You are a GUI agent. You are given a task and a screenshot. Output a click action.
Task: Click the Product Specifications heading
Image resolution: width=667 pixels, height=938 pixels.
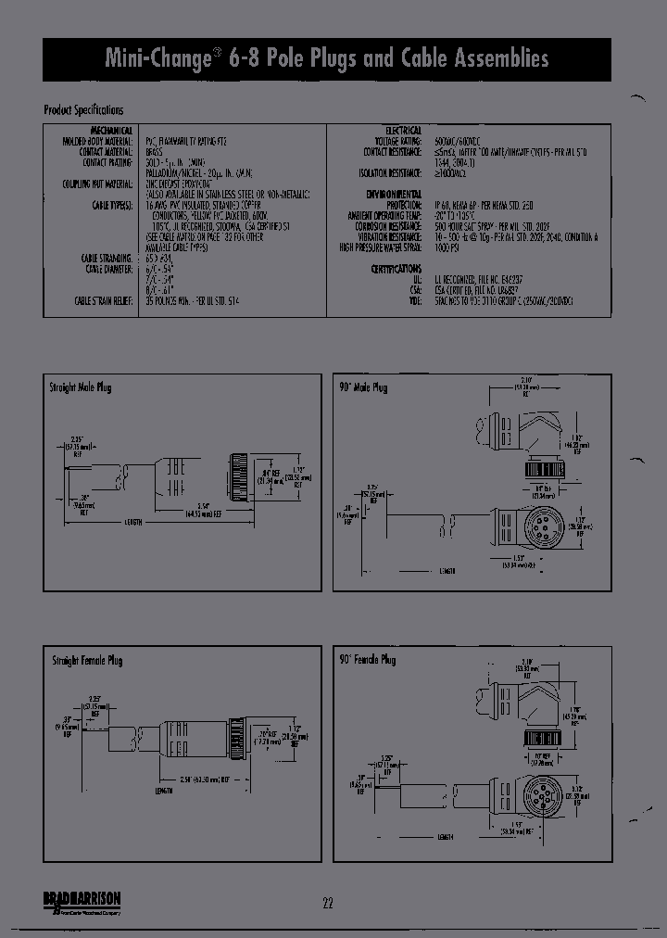[x=84, y=110]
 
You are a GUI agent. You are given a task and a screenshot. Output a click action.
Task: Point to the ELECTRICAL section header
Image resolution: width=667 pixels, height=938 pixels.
[x=402, y=130]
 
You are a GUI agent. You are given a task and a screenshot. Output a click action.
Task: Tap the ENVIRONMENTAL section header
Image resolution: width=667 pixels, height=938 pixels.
[x=394, y=194]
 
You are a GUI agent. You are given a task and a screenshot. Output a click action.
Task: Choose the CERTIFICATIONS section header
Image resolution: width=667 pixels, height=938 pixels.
[x=396, y=267]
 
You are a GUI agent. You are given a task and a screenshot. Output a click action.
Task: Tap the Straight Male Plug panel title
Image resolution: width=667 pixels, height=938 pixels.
[x=81, y=387]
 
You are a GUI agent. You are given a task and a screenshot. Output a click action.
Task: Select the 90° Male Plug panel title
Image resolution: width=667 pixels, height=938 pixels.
[x=364, y=387]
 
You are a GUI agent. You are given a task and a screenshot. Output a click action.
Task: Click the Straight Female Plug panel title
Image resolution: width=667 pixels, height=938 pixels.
[x=86, y=660]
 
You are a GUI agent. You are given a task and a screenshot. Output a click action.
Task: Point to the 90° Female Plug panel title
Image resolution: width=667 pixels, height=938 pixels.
[x=368, y=660]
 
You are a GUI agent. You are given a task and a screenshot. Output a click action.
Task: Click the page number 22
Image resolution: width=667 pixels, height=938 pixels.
[x=329, y=904]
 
